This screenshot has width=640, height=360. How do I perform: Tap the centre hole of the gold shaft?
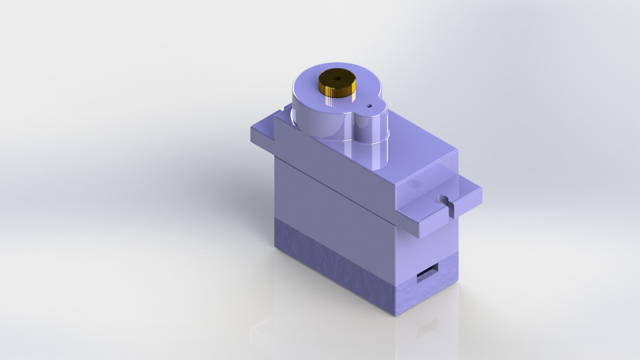click(337, 79)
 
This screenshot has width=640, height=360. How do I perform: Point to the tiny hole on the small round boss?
click(368, 105)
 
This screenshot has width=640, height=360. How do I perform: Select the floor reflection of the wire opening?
click(427, 329)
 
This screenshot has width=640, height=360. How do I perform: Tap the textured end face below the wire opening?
click(427, 293)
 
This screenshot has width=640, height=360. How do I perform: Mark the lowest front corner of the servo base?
click(397, 313)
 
